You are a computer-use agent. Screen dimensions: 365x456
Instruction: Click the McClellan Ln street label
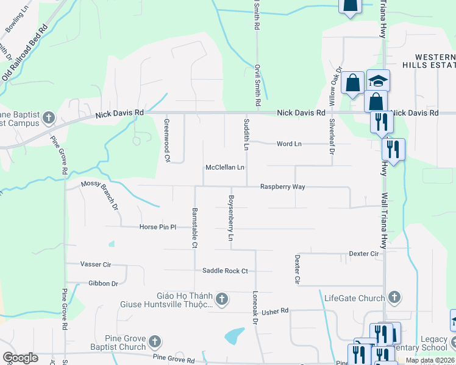point(225,167)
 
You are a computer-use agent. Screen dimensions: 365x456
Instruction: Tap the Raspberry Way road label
point(282,187)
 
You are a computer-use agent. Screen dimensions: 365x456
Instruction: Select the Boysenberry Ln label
point(231,218)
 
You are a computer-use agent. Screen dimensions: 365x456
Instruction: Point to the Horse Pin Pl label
point(157,227)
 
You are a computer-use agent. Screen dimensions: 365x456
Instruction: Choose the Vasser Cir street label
point(96,264)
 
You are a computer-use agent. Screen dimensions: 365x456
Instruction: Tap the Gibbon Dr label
point(103,283)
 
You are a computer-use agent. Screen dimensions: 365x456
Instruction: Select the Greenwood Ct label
point(166,139)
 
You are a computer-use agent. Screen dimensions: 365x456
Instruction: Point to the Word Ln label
point(289,144)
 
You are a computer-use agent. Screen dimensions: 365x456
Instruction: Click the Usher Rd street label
point(274,311)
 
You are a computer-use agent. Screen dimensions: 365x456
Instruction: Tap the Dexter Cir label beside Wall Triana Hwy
point(364,253)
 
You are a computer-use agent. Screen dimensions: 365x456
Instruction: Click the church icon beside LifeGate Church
point(394,297)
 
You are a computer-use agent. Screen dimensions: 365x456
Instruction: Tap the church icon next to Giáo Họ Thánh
point(222,299)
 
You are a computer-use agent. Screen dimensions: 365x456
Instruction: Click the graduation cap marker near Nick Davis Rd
point(378,81)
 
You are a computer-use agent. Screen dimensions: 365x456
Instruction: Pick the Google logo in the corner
point(20,358)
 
